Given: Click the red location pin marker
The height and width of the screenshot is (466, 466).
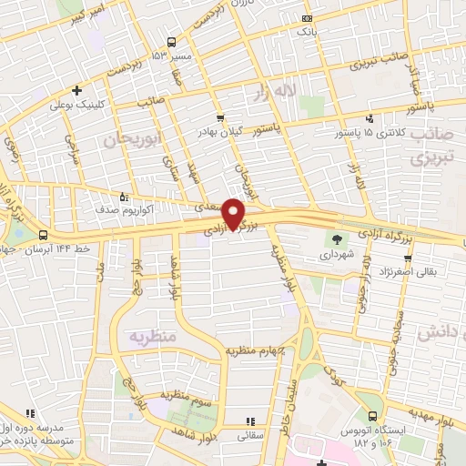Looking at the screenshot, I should coord(234,213).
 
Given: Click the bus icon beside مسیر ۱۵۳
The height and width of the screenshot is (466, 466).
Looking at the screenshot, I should coord(171,42).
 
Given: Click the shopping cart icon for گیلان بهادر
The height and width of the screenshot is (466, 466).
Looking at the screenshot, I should coord(220,117).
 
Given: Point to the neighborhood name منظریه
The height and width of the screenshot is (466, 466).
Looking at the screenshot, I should coord(149,336).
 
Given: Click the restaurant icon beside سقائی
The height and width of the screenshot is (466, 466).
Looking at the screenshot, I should coord(250,420).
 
